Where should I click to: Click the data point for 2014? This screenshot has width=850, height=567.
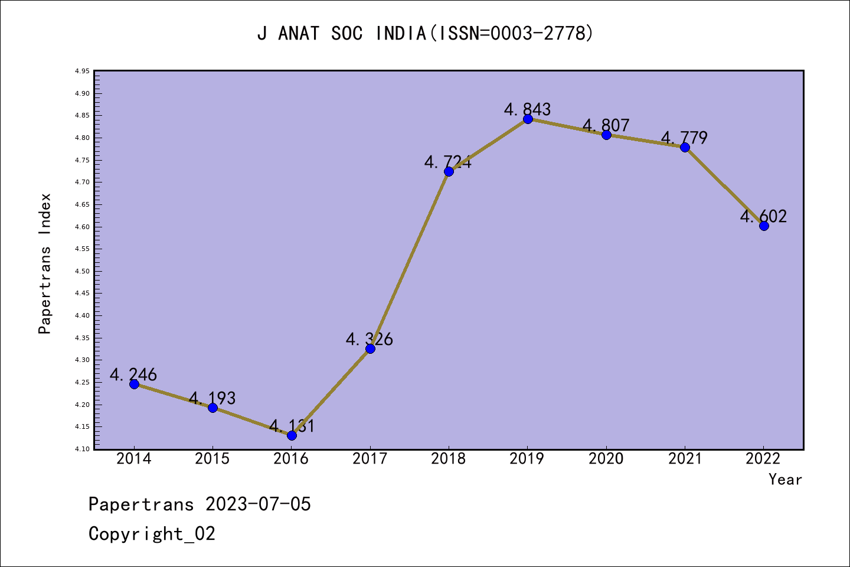click(134, 384)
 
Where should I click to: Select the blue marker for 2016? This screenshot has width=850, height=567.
click(292, 435)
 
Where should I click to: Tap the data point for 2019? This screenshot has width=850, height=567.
click(528, 119)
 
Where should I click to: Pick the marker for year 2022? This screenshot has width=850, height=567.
click(764, 226)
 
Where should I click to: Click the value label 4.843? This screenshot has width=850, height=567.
click(527, 109)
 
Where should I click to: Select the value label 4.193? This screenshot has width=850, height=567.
click(212, 398)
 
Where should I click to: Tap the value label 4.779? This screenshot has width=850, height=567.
click(684, 138)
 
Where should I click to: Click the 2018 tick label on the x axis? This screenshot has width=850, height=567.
click(449, 459)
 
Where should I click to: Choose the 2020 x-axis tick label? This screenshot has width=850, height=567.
click(606, 459)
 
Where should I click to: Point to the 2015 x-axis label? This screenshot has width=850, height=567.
click(212, 459)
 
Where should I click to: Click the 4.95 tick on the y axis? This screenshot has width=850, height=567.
click(82, 71)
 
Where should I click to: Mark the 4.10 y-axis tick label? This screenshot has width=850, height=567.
click(82, 449)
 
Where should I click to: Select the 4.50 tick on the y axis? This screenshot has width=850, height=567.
click(82, 272)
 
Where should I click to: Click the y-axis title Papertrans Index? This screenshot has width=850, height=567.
click(45, 263)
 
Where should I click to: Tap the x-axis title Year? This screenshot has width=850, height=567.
click(785, 480)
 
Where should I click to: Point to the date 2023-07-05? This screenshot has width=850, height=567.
click(258, 504)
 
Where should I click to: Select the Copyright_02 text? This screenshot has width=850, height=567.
click(152, 534)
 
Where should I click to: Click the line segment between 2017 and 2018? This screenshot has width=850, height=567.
click(410, 260)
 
